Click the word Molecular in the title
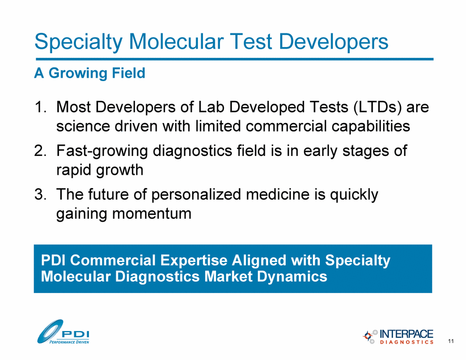coord(176,41)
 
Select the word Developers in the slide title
coord(333,42)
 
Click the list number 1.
coord(40,107)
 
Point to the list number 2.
coord(40,150)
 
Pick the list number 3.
coord(40,194)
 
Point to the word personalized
coord(196,195)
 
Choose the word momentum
coord(151,214)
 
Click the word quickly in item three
coord(354,195)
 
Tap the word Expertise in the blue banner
coord(194,260)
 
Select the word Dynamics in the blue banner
coord(292,277)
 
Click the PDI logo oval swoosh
coord(49,331)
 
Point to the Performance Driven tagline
coord(69,342)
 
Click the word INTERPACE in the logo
coord(406,333)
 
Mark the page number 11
coord(451,341)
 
